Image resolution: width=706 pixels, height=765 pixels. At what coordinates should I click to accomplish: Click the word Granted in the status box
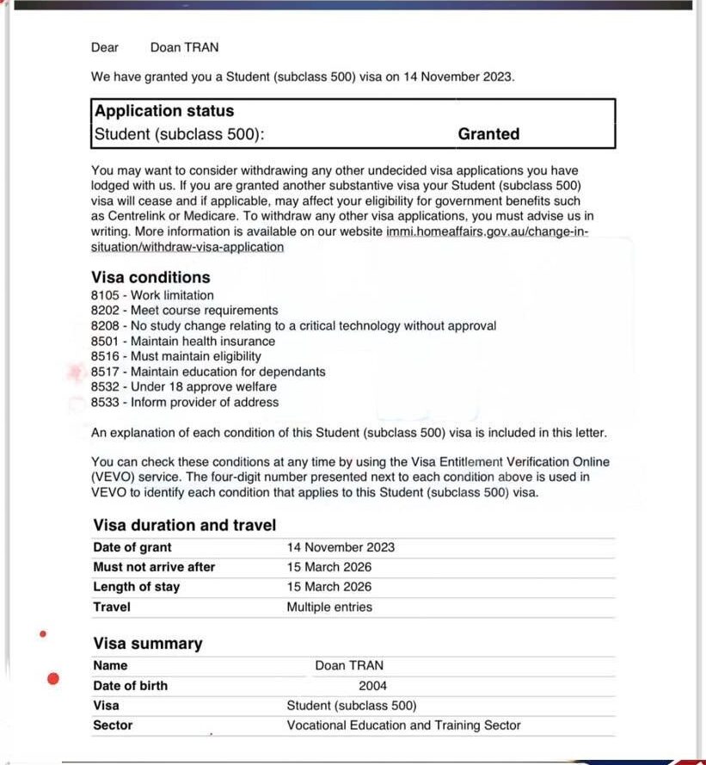[488, 134]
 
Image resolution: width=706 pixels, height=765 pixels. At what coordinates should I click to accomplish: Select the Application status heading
[163, 111]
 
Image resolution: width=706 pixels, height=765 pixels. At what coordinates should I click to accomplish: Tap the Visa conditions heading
[150, 277]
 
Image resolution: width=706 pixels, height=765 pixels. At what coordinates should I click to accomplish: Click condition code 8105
[104, 295]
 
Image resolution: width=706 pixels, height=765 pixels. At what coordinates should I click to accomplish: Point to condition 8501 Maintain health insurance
[183, 341]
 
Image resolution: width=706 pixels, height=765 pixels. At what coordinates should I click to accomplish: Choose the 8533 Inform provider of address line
[185, 402]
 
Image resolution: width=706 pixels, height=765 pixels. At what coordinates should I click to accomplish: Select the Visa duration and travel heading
[184, 525]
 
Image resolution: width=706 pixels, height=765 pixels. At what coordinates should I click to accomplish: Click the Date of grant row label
[132, 547]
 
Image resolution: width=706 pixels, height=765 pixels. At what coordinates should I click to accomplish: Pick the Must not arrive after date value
[329, 567]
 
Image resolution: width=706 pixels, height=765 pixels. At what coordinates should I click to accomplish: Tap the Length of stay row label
[136, 587]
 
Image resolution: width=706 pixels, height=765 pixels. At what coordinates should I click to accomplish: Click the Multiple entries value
[329, 607]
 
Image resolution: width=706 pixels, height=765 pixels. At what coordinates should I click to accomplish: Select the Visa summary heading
[148, 644]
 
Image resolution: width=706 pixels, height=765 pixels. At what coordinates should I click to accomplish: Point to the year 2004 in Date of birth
[373, 686]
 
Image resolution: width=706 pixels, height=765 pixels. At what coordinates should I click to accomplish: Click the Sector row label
[113, 725]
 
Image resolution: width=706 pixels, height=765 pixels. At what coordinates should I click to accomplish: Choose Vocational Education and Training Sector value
[403, 725]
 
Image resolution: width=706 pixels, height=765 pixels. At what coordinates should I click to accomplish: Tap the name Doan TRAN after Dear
[184, 47]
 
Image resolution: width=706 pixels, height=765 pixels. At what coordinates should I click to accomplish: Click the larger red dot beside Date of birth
[53, 680]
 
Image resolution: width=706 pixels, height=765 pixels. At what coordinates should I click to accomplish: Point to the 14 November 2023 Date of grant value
[341, 547]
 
